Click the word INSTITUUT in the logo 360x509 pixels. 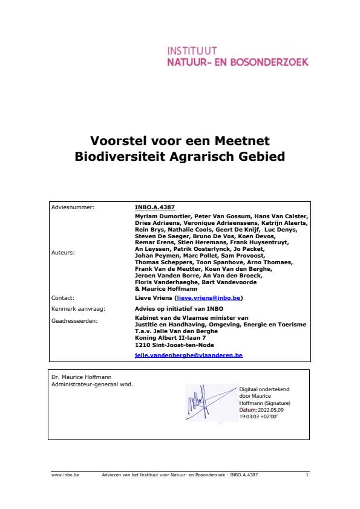pos(192,50)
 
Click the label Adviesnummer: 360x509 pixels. pos(73,207)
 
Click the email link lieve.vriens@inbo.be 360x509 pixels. pos(209,298)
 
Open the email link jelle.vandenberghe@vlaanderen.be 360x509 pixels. pos(188,356)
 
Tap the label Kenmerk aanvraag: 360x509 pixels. pos(79,308)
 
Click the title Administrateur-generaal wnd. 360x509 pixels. pos(92,384)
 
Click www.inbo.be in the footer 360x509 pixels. pos(65,475)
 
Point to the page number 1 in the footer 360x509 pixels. pos(307,475)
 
